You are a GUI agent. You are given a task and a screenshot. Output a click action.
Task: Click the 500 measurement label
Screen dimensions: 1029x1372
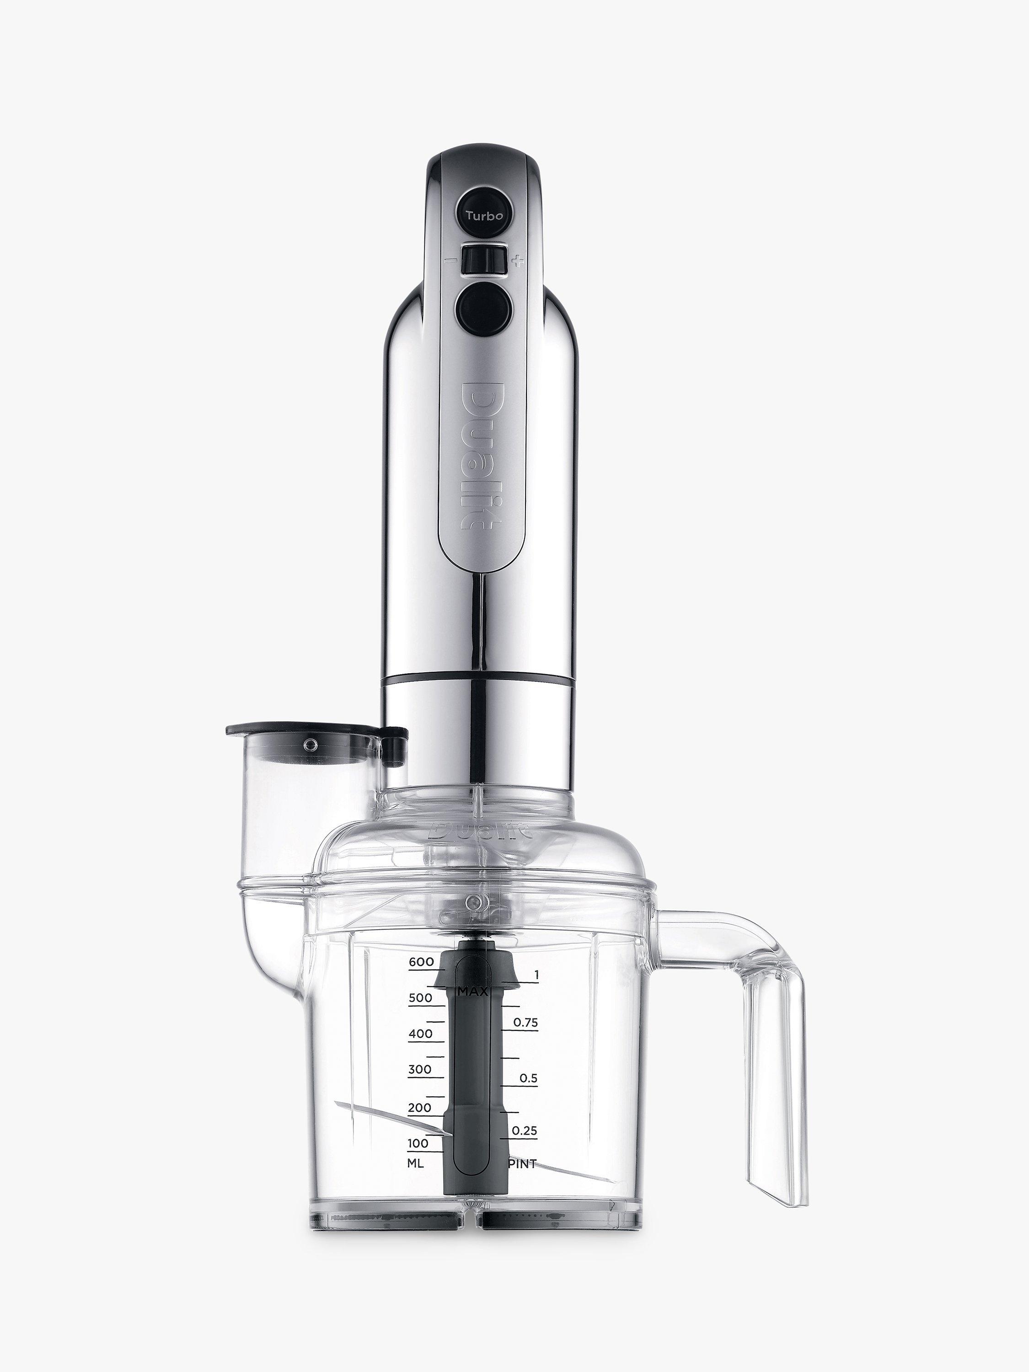(x=421, y=998)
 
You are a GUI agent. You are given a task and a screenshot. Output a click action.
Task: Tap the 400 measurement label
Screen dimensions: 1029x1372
(x=421, y=1034)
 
